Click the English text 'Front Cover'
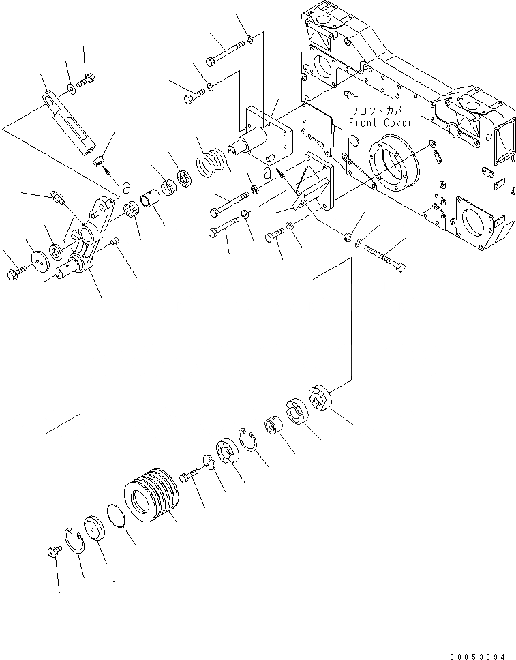pyautogui.click(x=380, y=122)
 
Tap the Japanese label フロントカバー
pyautogui.click(x=380, y=110)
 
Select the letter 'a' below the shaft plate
pyautogui.click(x=267, y=175)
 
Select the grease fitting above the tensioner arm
pyautogui.click(x=57, y=198)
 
